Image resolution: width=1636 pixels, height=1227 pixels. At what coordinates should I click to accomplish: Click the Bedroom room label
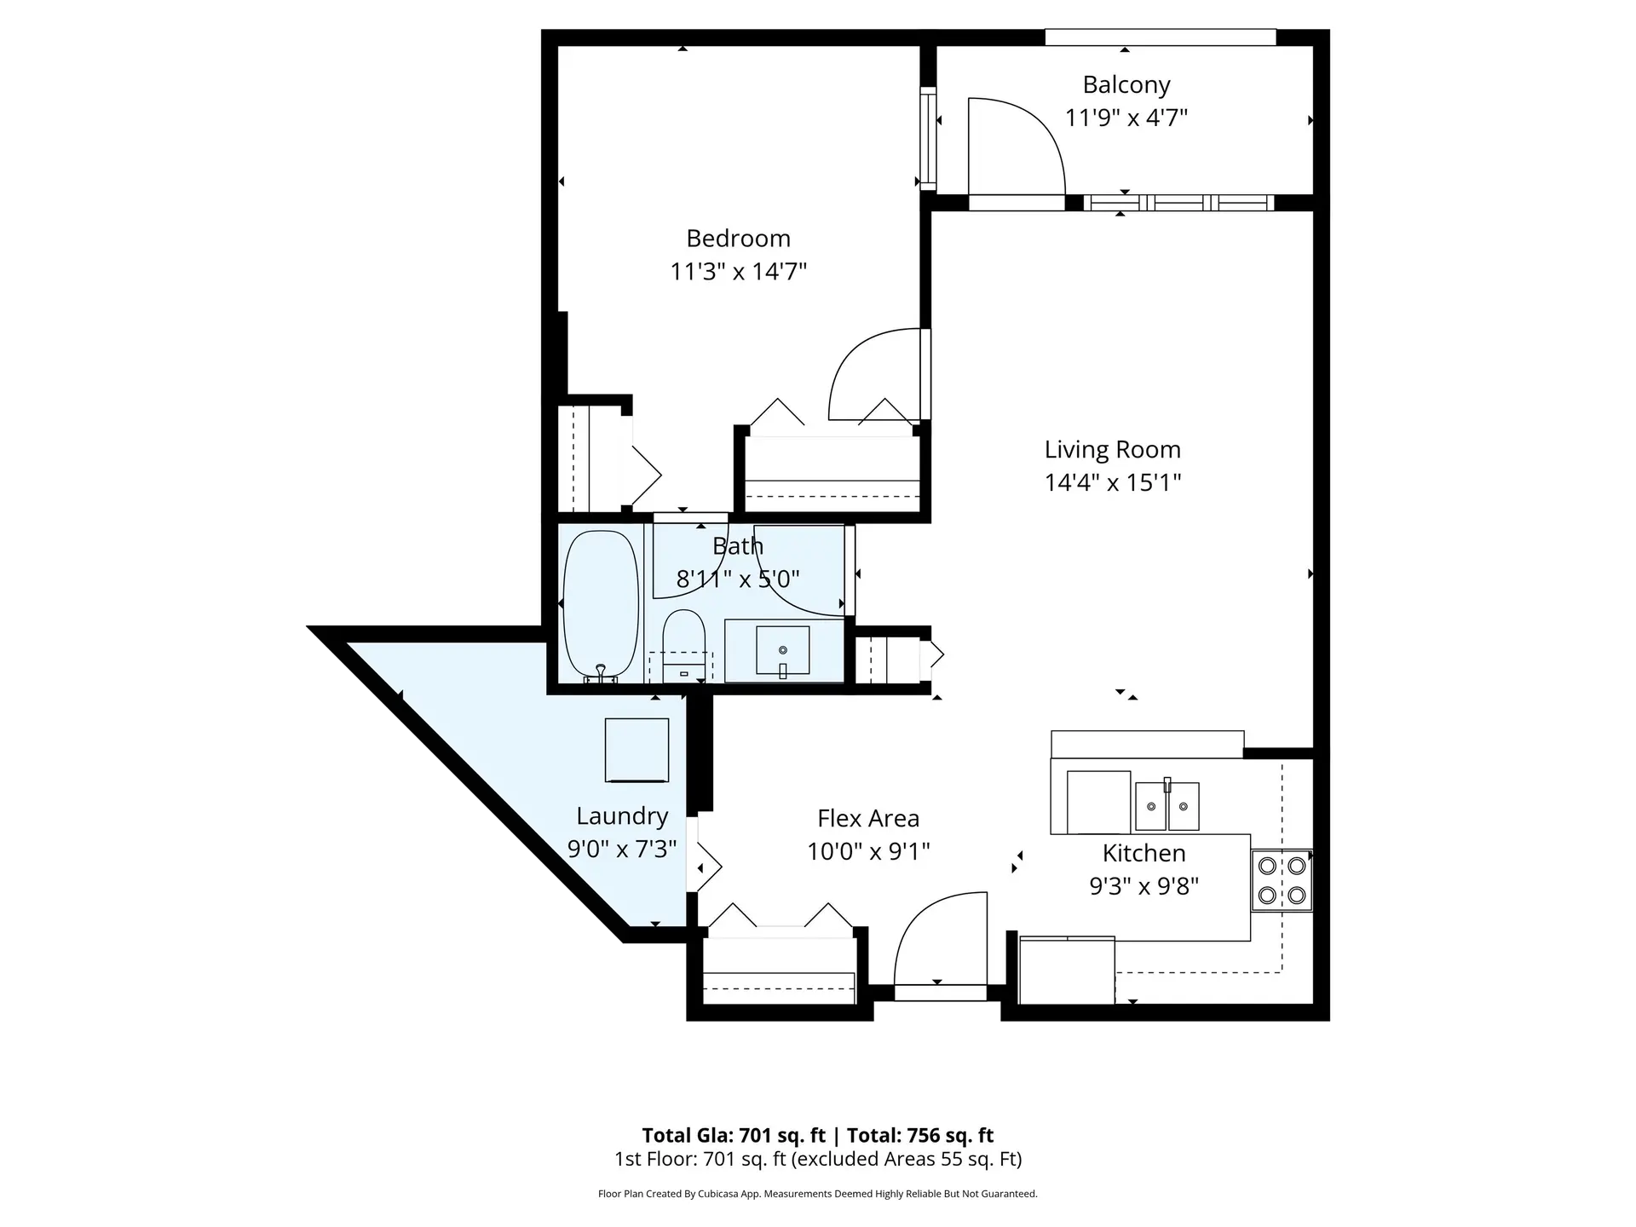pos(738,239)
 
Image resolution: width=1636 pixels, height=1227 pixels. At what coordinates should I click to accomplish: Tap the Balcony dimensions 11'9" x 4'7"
pos(1126,118)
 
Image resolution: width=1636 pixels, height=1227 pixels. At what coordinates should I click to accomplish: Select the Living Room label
pos(1112,450)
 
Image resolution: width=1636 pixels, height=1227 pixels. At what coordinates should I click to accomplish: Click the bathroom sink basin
pos(782,650)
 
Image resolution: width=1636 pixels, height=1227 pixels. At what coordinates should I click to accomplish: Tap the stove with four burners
pos(1282,880)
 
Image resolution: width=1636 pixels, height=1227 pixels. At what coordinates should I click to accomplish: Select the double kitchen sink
pos(1167,804)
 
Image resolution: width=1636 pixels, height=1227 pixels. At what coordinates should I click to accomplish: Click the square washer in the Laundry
pos(637,750)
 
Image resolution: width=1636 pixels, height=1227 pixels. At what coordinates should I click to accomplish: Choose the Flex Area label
pos(868,819)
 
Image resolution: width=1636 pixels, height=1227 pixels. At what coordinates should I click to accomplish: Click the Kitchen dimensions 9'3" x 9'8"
pos(1143,887)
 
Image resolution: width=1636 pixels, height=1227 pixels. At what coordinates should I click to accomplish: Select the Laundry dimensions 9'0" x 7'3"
pos(622,850)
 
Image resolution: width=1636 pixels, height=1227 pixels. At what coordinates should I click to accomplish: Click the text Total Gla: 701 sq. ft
pos(733,1135)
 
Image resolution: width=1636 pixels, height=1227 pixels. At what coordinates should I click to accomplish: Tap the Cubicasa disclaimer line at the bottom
pos(817,1194)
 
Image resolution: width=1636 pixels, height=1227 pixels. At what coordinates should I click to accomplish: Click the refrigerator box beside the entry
pos(1067,971)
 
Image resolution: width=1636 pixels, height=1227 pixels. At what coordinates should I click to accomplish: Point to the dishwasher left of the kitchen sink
pos(1098,802)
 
